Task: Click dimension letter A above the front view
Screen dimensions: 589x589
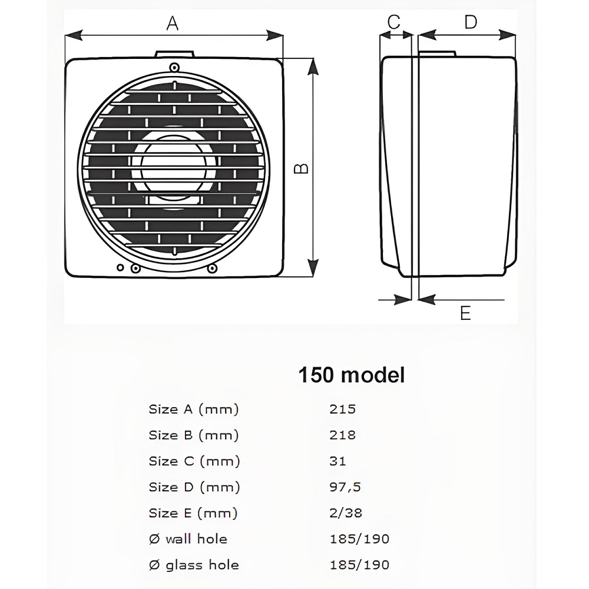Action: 172,24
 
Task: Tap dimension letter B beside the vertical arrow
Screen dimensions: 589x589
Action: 302,168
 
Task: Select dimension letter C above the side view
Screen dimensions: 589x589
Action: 394,22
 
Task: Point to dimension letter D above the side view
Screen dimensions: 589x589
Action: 470,22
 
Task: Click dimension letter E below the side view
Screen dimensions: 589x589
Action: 465,313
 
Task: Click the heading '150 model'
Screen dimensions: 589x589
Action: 352,375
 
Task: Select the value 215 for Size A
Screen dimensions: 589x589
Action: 342,409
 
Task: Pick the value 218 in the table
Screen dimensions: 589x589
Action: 342,435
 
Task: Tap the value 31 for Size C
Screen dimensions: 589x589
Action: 337,461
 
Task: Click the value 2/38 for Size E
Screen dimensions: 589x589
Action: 346,512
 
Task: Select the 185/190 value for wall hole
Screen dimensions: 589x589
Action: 359,538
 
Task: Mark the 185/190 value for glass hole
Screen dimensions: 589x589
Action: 359,564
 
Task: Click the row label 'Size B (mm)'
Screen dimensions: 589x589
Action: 194,435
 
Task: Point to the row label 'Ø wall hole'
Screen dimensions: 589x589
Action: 188,538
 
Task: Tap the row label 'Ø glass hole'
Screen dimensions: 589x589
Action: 194,564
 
